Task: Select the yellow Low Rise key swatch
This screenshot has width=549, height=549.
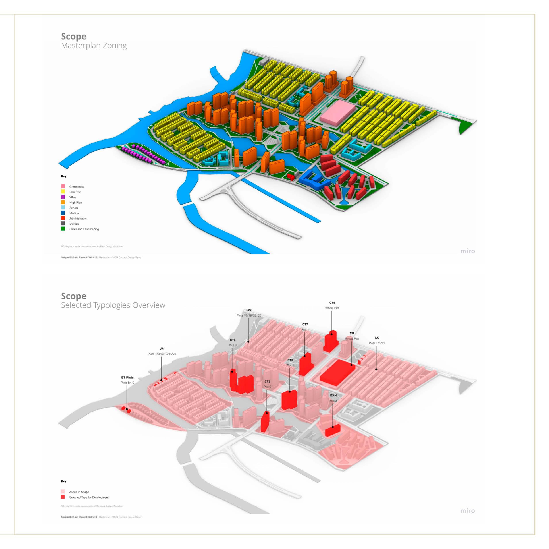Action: pyautogui.click(x=63, y=192)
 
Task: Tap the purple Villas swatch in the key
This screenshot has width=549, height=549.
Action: pyautogui.click(x=63, y=197)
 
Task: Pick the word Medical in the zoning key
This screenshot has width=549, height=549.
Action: pyautogui.click(x=74, y=213)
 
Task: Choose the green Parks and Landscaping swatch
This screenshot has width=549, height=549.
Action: pyautogui.click(x=63, y=229)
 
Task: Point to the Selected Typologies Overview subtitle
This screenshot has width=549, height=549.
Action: pyautogui.click(x=113, y=305)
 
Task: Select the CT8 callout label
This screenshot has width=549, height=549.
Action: pyautogui.click(x=332, y=303)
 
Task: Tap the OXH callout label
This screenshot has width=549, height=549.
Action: pyautogui.click(x=333, y=395)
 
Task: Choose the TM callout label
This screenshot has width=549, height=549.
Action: pyautogui.click(x=352, y=333)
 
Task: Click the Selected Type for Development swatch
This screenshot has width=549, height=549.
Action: pyautogui.click(x=63, y=497)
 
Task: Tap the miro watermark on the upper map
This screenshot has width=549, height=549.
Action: pyautogui.click(x=467, y=251)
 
